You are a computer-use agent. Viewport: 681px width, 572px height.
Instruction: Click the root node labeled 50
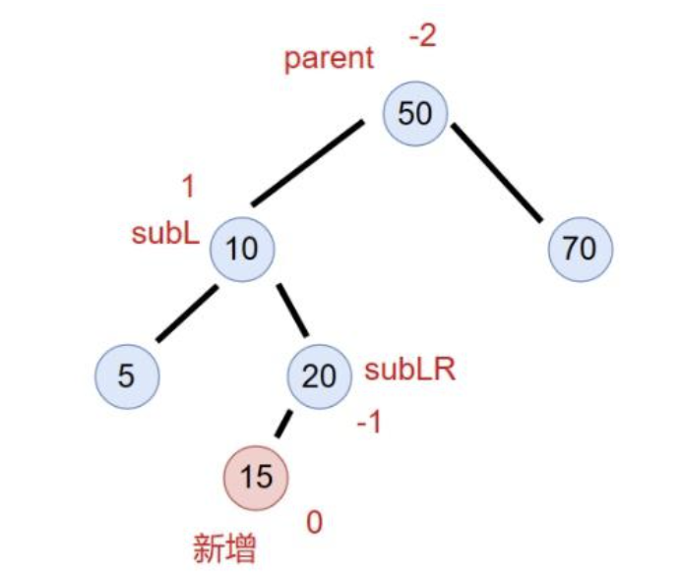[x=414, y=114]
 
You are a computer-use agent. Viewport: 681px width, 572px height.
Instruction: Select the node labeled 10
[x=242, y=248]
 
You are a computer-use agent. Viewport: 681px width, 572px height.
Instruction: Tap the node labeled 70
[x=580, y=248]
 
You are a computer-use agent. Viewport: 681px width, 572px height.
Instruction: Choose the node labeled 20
[x=319, y=375]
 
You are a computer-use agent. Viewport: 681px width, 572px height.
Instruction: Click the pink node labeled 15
[x=256, y=477]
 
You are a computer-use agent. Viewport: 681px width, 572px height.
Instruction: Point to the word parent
[x=329, y=58]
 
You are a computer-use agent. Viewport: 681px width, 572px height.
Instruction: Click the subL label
[x=165, y=234]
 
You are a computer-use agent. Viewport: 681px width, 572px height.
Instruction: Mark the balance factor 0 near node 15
[x=315, y=523]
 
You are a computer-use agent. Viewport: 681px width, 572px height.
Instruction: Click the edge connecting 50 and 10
[x=308, y=163]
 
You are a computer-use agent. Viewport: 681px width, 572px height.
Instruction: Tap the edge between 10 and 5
[x=186, y=313]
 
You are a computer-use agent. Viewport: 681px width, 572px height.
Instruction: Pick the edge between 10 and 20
[x=291, y=312]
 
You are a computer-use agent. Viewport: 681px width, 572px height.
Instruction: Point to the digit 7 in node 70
[x=572, y=248]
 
